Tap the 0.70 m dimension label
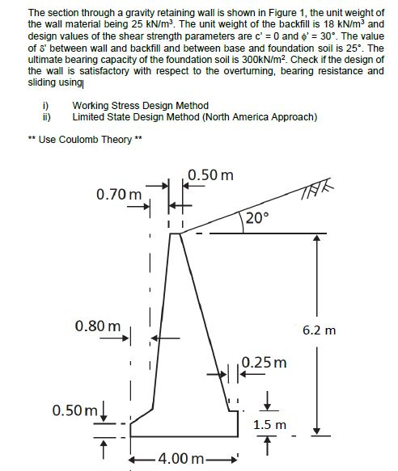click(119, 195)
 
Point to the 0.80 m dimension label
click(98, 326)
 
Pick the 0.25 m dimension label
click(265, 362)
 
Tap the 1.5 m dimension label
click(270, 423)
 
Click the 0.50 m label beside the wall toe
click(75, 410)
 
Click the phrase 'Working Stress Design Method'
click(140, 106)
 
